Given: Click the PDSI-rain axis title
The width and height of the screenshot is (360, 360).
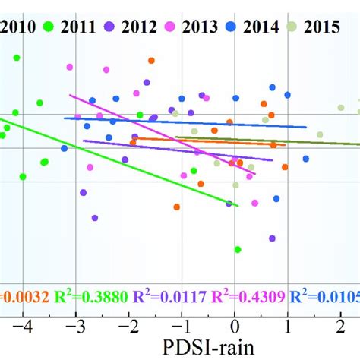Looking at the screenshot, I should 213,349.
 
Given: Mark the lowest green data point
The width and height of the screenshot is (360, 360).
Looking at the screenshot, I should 238,249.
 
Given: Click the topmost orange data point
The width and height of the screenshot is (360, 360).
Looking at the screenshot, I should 151,60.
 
